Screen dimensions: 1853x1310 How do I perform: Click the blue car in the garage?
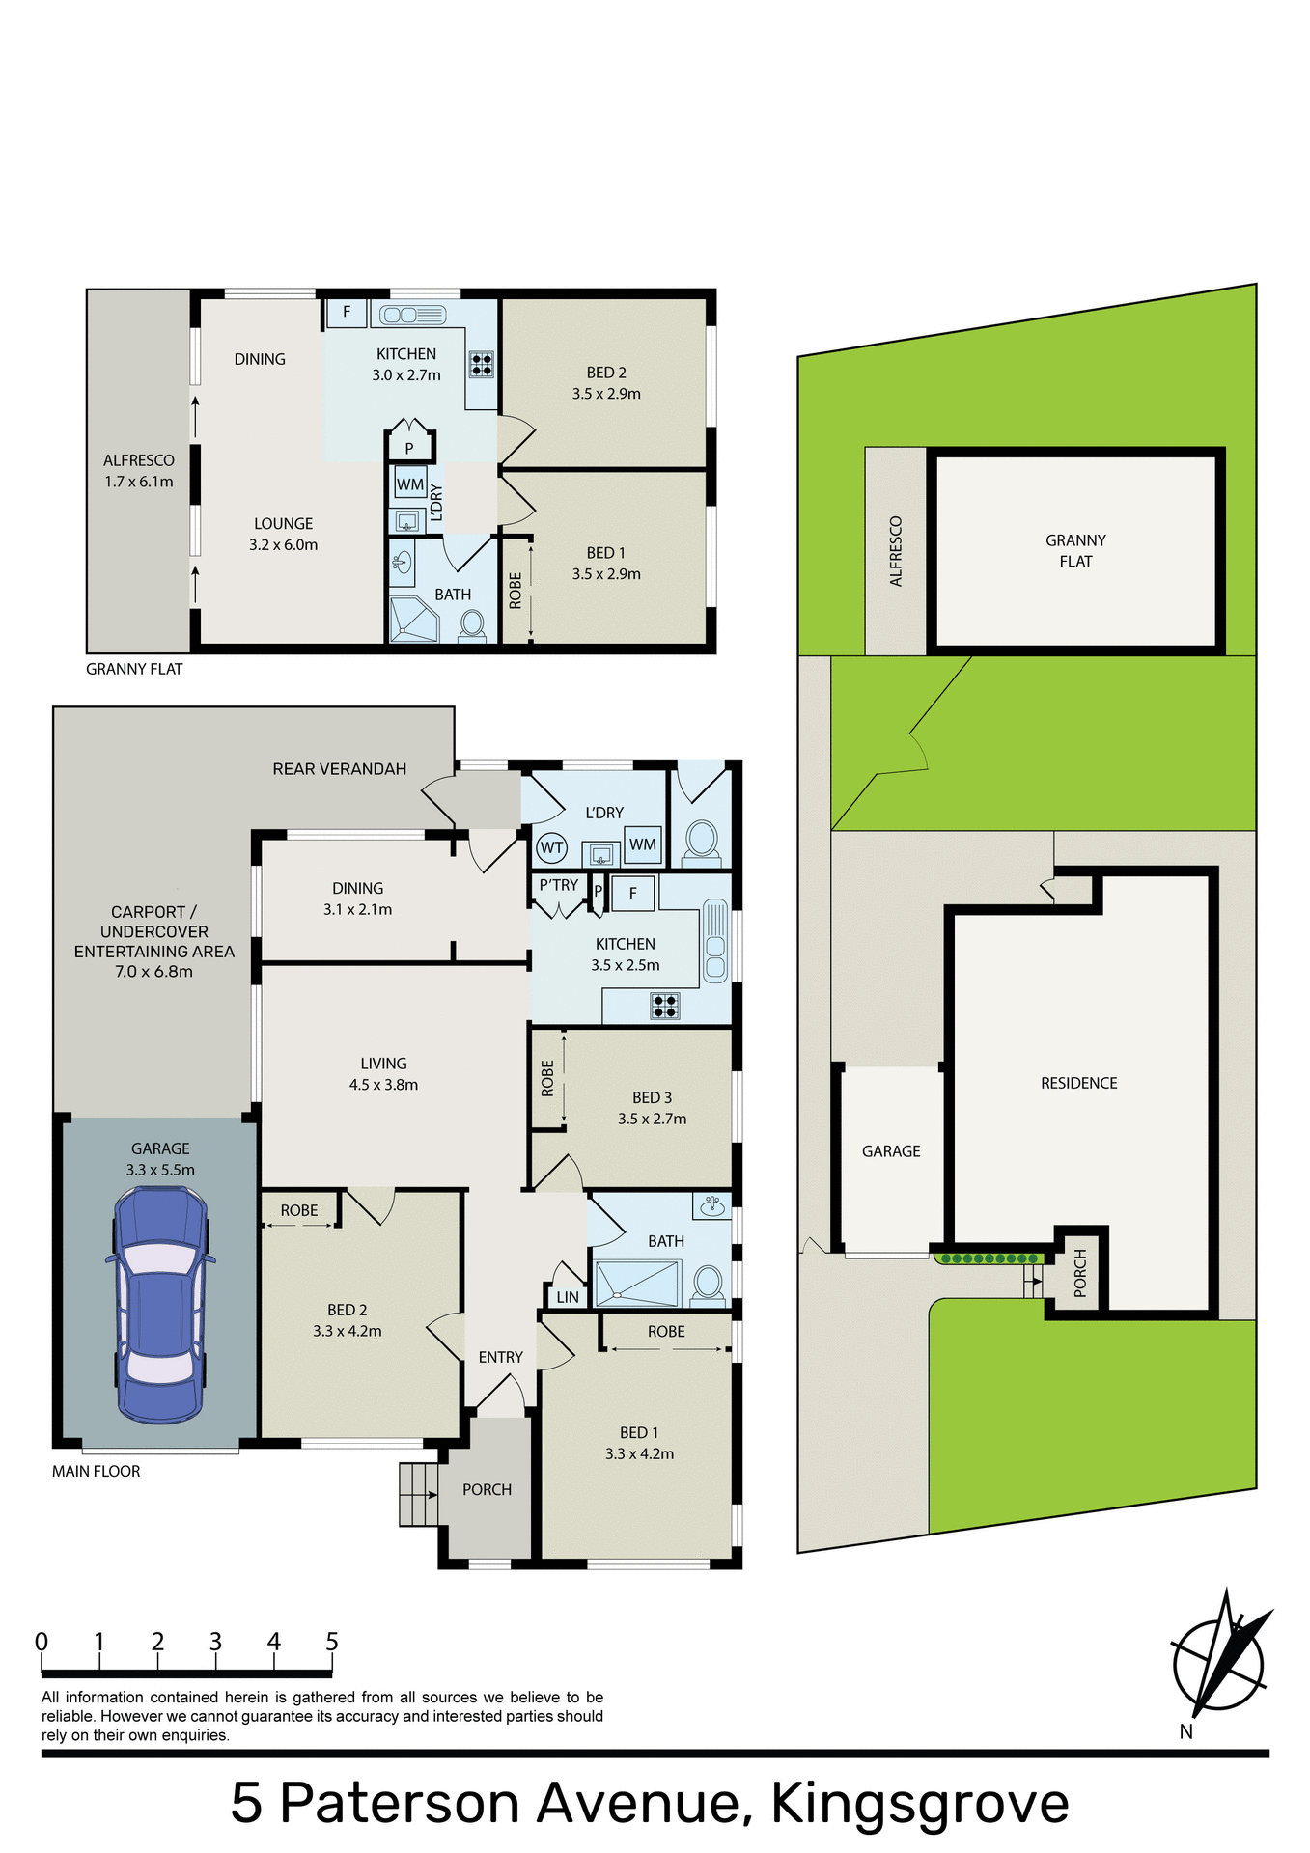tap(160, 1304)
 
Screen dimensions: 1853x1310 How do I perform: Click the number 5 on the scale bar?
tap(332, 1642)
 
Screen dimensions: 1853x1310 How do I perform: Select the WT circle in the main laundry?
tap(551, 848)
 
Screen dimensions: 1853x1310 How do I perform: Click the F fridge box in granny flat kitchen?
tap(346, 313)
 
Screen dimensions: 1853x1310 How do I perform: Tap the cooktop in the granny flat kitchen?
tap(481, 364)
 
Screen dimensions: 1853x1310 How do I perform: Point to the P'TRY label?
tap(559, 885)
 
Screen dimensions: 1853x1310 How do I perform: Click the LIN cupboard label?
tap(568, 1297)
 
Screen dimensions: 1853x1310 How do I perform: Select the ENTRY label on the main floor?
tap(500, 1357)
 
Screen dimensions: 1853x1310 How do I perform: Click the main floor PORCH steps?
tap(419, 1495)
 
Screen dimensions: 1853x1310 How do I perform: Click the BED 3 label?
tap(652, 1097)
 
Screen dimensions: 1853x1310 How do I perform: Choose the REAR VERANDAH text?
tap(339, 769)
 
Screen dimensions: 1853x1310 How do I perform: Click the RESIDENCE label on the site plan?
tap(1078, 1083)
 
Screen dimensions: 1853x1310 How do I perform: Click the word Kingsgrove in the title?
tap(919, 1803)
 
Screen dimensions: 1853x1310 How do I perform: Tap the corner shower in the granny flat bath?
tap(413, 620)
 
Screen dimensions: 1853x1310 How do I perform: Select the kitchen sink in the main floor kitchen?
tap(715, 941)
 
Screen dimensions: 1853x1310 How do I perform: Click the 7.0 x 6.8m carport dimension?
tap(153, 972)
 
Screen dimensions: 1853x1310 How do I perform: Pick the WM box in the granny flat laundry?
tap(409, 484)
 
